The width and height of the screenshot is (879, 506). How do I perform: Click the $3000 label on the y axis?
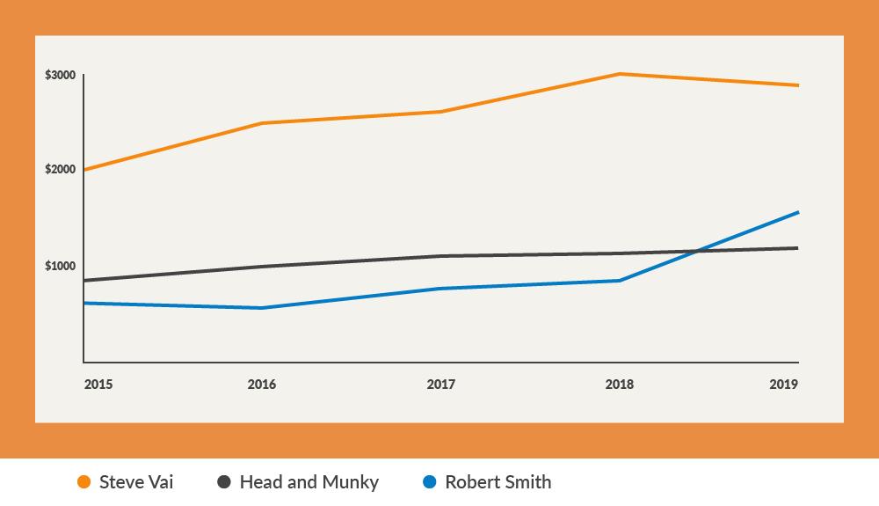[x=60, y=76]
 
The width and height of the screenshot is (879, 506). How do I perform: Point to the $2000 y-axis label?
[x=60, y=169]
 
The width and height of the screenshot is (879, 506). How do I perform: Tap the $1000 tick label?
[x=60, y=266]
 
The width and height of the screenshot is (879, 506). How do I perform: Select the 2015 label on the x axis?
[x=98, y=385]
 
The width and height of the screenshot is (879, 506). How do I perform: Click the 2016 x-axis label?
[x=261, y=385]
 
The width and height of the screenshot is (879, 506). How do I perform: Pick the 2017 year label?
[x=440, y=385]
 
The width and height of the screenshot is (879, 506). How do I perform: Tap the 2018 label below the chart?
[x=619, y=385]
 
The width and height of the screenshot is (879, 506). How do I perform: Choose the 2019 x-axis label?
[x=784, y=385]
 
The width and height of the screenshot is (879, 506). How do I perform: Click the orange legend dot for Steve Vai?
[x=84, y=482]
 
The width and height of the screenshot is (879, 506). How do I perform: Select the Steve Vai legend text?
[x=136, y=482]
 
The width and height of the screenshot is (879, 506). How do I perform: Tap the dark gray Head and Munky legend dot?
[x=224, y=482]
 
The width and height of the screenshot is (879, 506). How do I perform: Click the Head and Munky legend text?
[x=309, y=482]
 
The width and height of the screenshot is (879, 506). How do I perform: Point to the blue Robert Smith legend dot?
[x=430, y=482]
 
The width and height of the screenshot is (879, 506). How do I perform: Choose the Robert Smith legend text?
[x=498, y=482]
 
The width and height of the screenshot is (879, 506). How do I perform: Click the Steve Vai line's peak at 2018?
[x=619, y=74]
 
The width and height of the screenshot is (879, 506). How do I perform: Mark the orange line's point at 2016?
[x=261, y=123]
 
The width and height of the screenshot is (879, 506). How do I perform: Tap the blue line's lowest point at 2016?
[x=261, y=308]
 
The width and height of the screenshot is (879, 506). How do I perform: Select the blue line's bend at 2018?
[x=620, y=281]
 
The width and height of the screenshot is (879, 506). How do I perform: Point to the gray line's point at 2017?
[x=440, y=256]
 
